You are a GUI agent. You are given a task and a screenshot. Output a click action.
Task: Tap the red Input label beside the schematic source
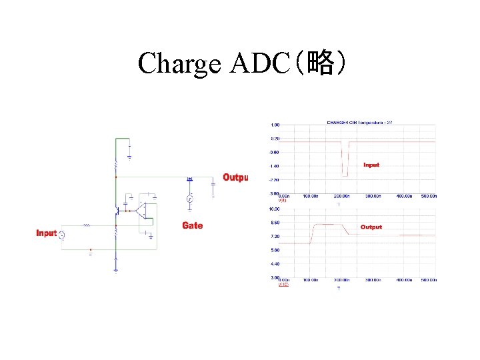(x=46, y=233)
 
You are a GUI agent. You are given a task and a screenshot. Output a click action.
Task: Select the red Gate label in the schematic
(x=192, y=225)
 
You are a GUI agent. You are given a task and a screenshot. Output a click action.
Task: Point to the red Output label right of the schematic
(x=235, y=177)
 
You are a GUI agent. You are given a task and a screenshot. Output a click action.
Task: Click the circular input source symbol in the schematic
(x=62, y=235)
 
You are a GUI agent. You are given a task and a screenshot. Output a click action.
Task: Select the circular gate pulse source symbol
(x=189, y=199)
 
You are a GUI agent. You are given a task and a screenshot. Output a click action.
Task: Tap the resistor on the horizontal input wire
(x=86, y=226)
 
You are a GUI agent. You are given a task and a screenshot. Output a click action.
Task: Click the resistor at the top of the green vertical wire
(x=117, y=163)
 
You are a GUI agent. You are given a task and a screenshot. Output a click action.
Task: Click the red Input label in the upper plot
(x=371, y=165)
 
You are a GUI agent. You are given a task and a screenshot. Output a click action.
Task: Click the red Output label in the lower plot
(x=371, y=227)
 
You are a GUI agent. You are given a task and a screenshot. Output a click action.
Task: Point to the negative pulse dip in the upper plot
(x=345, y=160)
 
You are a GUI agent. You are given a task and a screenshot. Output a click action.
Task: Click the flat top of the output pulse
(x=327, y=225)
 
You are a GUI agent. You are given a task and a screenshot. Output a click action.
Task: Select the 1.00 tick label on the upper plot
(x=275, y=125)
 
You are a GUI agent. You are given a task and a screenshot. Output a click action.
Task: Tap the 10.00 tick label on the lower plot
(x=274, y=209)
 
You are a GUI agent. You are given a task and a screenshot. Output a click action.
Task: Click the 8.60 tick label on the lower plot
(x=275, y=223)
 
